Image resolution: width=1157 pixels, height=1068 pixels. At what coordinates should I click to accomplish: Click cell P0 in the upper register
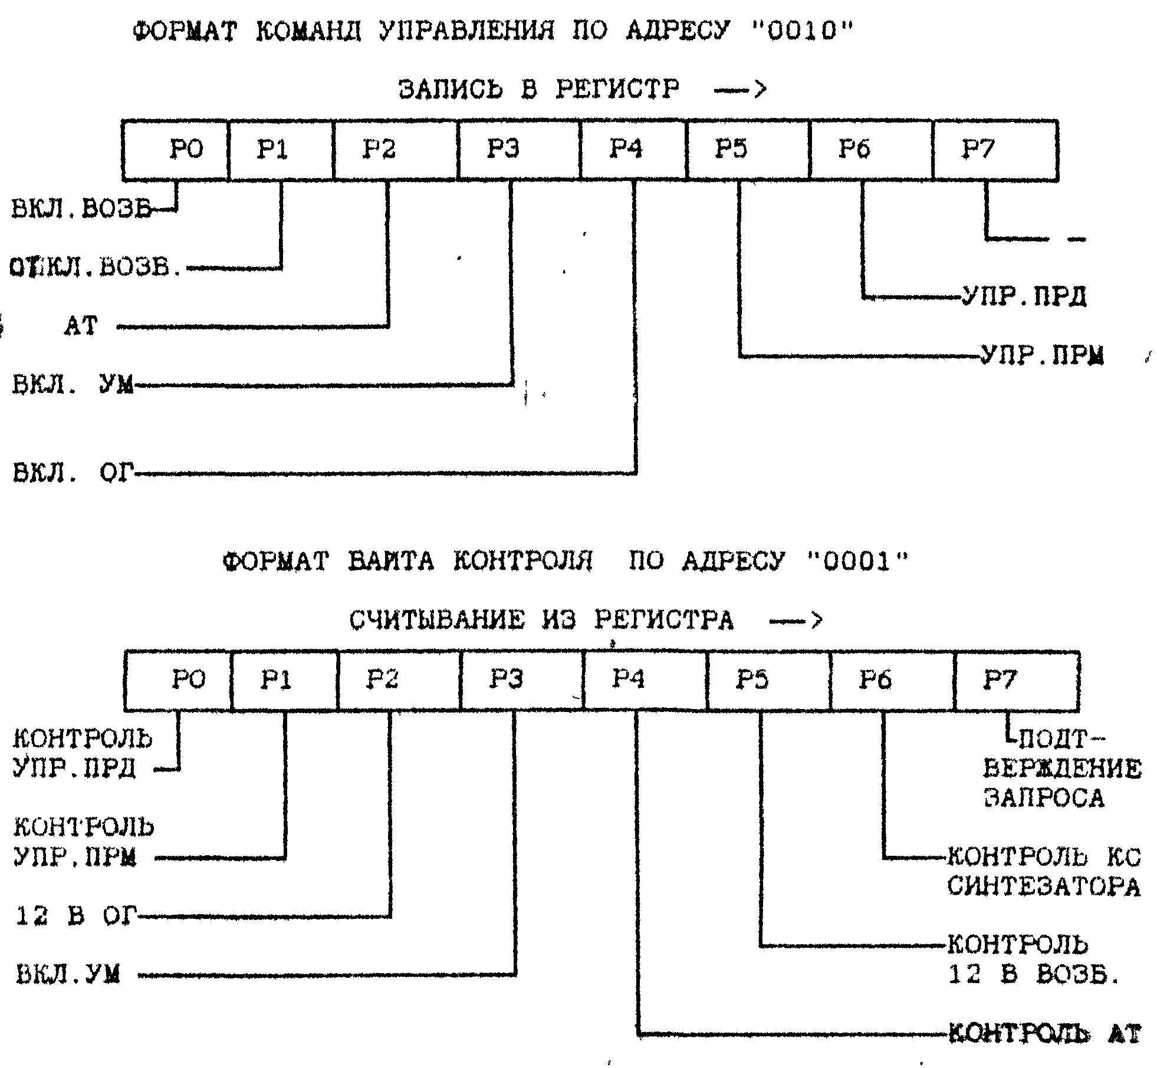click(x=175, y=150)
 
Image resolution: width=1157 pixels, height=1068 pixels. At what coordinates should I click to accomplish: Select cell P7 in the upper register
click(x=995, y=150)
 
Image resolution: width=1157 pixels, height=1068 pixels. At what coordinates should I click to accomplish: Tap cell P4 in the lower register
click(x=645, y=680)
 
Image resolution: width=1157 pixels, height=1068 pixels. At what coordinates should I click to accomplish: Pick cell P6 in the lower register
click(x=892, y=680)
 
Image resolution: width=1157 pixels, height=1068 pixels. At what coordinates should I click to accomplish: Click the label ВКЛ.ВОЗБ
click(x=81, y=209)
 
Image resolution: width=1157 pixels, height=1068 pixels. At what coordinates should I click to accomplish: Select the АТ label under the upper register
click(x=80, y=326)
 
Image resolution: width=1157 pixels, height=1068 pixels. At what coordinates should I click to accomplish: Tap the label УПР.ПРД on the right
click(x=1024, y=296)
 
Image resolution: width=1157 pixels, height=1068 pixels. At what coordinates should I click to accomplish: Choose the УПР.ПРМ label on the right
click(x=1042, y=355)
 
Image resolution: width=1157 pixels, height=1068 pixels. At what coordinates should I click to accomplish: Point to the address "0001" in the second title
click(x=857, y=562)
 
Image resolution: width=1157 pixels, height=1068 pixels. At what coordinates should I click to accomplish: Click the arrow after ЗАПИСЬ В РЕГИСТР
click(x=740, y=90)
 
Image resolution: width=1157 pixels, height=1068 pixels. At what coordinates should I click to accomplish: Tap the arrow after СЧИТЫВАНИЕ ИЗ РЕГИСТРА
click(x=796, y=621)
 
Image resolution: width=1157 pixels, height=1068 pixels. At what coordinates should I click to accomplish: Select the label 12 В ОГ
click(x=75, y=916)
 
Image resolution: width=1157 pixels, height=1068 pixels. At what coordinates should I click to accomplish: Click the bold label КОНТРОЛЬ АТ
click(x=1044, y=1034)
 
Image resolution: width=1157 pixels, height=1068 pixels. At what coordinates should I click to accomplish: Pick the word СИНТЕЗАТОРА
click(x=1044, y=886)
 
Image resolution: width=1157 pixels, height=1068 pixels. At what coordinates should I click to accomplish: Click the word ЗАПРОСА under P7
click(x=1044, y=799)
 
